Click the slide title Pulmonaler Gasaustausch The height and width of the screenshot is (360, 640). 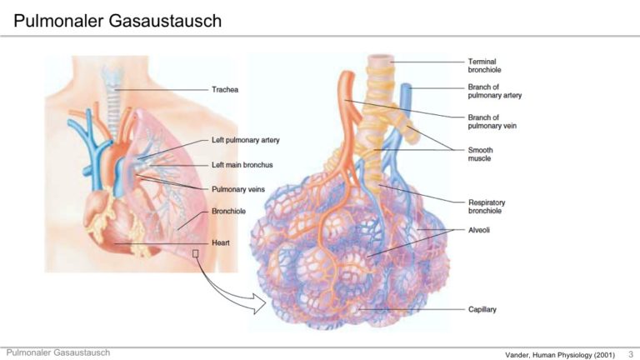click(x=117, y=19)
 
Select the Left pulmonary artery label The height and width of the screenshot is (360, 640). click(x=246, y=140)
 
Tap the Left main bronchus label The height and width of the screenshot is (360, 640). click(x=243, y=165)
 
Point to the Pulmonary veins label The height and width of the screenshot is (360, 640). click(x=237, y=189)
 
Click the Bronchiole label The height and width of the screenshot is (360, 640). click(x=227, y=211)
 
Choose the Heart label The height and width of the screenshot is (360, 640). click(x=220, y=243)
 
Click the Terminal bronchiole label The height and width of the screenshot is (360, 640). click(x=484, y=66)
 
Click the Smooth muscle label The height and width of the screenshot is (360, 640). click(x=480, y=155)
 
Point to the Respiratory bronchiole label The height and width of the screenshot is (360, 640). click(x=487, y=207)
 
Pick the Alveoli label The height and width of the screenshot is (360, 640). click(x=478, y=230)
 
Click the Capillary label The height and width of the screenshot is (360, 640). click(x=482, y=309)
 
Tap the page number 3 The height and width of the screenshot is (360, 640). click(x=629, y=355)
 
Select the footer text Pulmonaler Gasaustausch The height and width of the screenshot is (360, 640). click(x=57, y=353)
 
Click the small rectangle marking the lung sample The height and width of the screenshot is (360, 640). click(x=196, y=254)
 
